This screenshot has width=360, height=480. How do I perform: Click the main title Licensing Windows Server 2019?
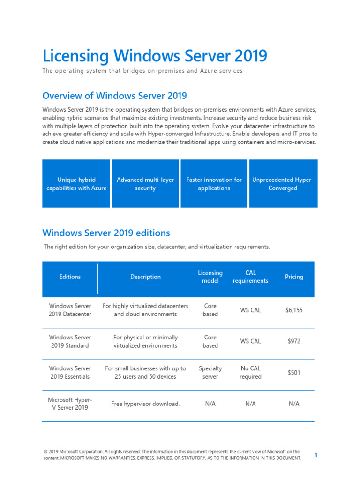tap(155, 56)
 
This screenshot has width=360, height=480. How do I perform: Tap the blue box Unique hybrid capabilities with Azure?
tap(76, 184)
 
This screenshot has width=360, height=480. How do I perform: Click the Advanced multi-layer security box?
tap(145, 184)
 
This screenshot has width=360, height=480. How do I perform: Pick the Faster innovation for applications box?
tap(214, 184)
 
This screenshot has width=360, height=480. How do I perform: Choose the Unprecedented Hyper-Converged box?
tap(283, 184)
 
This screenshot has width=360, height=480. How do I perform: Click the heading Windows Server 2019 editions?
tap(106, 233)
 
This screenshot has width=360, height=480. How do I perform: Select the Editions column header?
tap(70, 277)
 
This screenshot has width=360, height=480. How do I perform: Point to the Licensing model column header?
tap(210, 277)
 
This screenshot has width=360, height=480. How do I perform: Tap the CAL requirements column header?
tap(250, 277)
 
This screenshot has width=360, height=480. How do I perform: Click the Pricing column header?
tap(294, 277)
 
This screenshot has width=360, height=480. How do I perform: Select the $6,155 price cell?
tap(294, 310)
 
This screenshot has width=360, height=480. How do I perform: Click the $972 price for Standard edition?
tap(294, 341)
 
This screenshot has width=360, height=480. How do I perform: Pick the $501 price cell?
tap(294, 373)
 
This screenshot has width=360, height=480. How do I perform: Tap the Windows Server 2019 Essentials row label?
tap(70, 373)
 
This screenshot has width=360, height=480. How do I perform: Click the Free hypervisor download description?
tap(145, 404)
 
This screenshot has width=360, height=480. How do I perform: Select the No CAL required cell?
tap(250, 373)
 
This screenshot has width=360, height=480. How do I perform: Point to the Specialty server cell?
tap(210, 373)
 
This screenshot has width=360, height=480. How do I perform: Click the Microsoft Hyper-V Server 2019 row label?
tap(70, 404)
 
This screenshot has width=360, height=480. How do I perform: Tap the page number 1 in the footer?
tap(316, 455)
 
